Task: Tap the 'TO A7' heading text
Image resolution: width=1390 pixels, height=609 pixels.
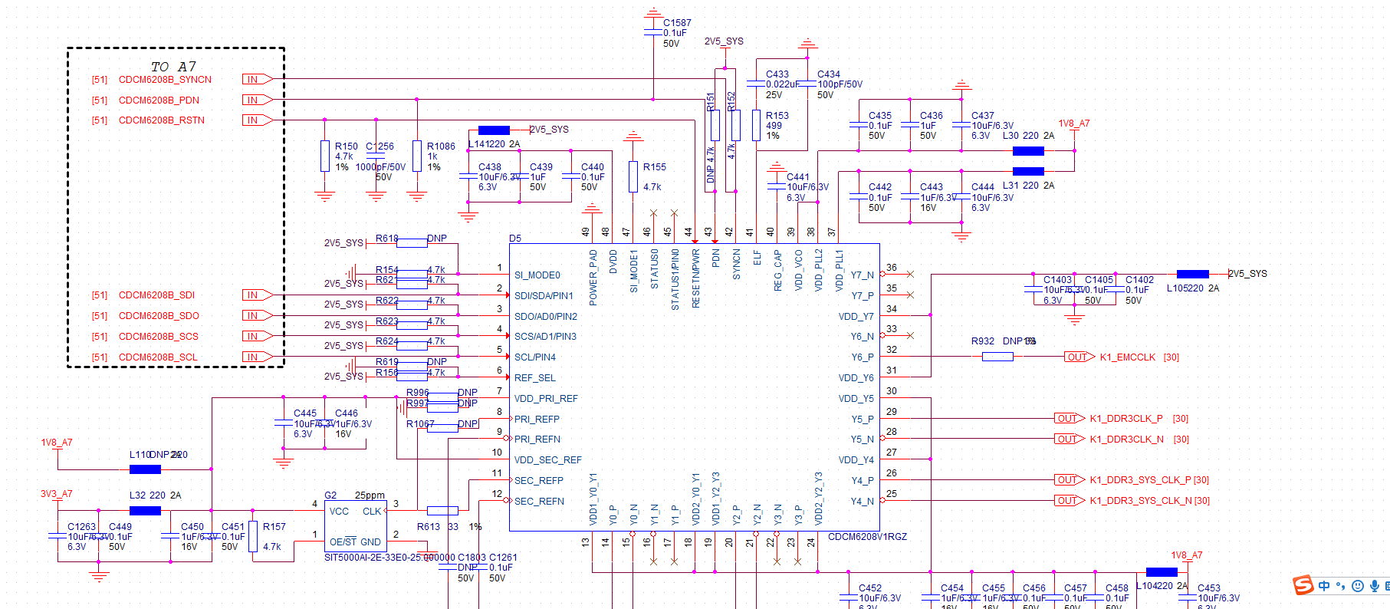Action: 173,67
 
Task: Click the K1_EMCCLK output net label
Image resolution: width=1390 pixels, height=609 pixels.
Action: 1127,357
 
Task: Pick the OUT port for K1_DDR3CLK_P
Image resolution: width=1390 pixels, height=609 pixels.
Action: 1069,419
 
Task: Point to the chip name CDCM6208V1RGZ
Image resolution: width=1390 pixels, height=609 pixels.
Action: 867,537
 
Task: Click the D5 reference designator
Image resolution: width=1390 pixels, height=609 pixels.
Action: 515,239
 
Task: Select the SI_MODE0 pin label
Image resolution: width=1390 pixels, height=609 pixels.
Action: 537,275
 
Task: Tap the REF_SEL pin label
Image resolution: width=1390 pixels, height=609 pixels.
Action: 534,378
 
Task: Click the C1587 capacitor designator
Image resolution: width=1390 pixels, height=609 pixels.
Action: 677,23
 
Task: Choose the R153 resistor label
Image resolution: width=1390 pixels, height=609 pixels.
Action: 777,116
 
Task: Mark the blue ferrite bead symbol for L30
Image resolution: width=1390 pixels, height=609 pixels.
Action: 1028,151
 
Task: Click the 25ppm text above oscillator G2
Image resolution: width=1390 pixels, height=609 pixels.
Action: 370,495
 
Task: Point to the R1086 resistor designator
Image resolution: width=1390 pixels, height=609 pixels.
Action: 441,146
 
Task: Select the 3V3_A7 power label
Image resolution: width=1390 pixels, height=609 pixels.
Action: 56,494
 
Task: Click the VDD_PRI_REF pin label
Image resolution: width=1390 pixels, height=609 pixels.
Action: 546,399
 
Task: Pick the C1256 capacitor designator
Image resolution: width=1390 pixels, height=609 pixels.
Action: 380,146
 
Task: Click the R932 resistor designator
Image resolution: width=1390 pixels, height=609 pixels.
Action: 982,341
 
